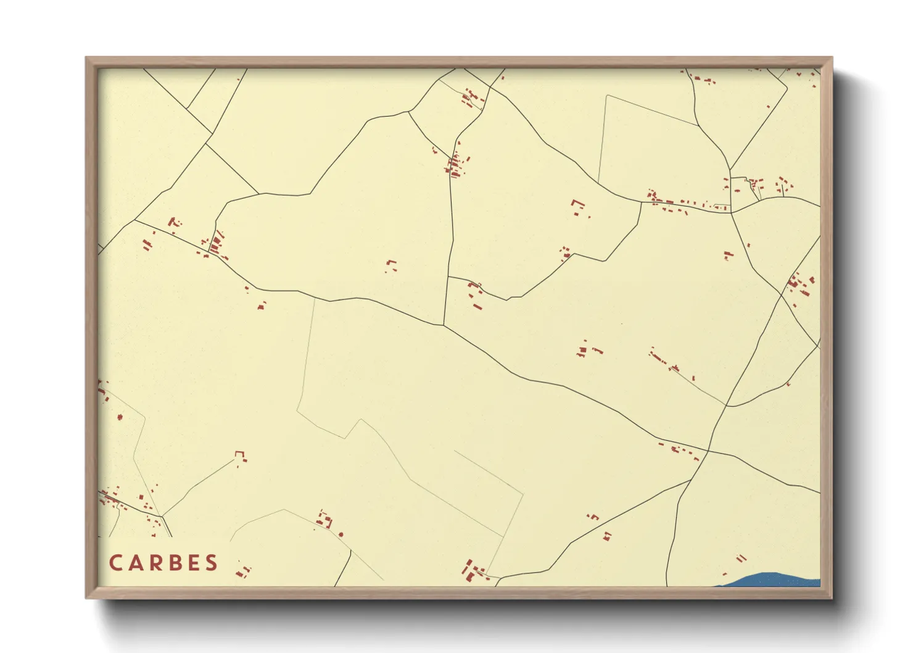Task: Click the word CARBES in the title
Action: (x=163, y=563)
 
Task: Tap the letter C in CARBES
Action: (x=115, y=563)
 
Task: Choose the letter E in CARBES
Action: (x=193, y=563)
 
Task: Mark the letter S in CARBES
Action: (x=212, y=563)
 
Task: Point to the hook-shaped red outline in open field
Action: (x=578, y=205)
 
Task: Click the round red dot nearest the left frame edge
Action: (x=120, y=417)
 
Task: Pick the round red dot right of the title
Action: (x=341, y=534)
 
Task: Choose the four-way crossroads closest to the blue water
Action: (x=708, y=451)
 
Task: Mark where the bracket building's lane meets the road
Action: (x=162, y=516)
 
